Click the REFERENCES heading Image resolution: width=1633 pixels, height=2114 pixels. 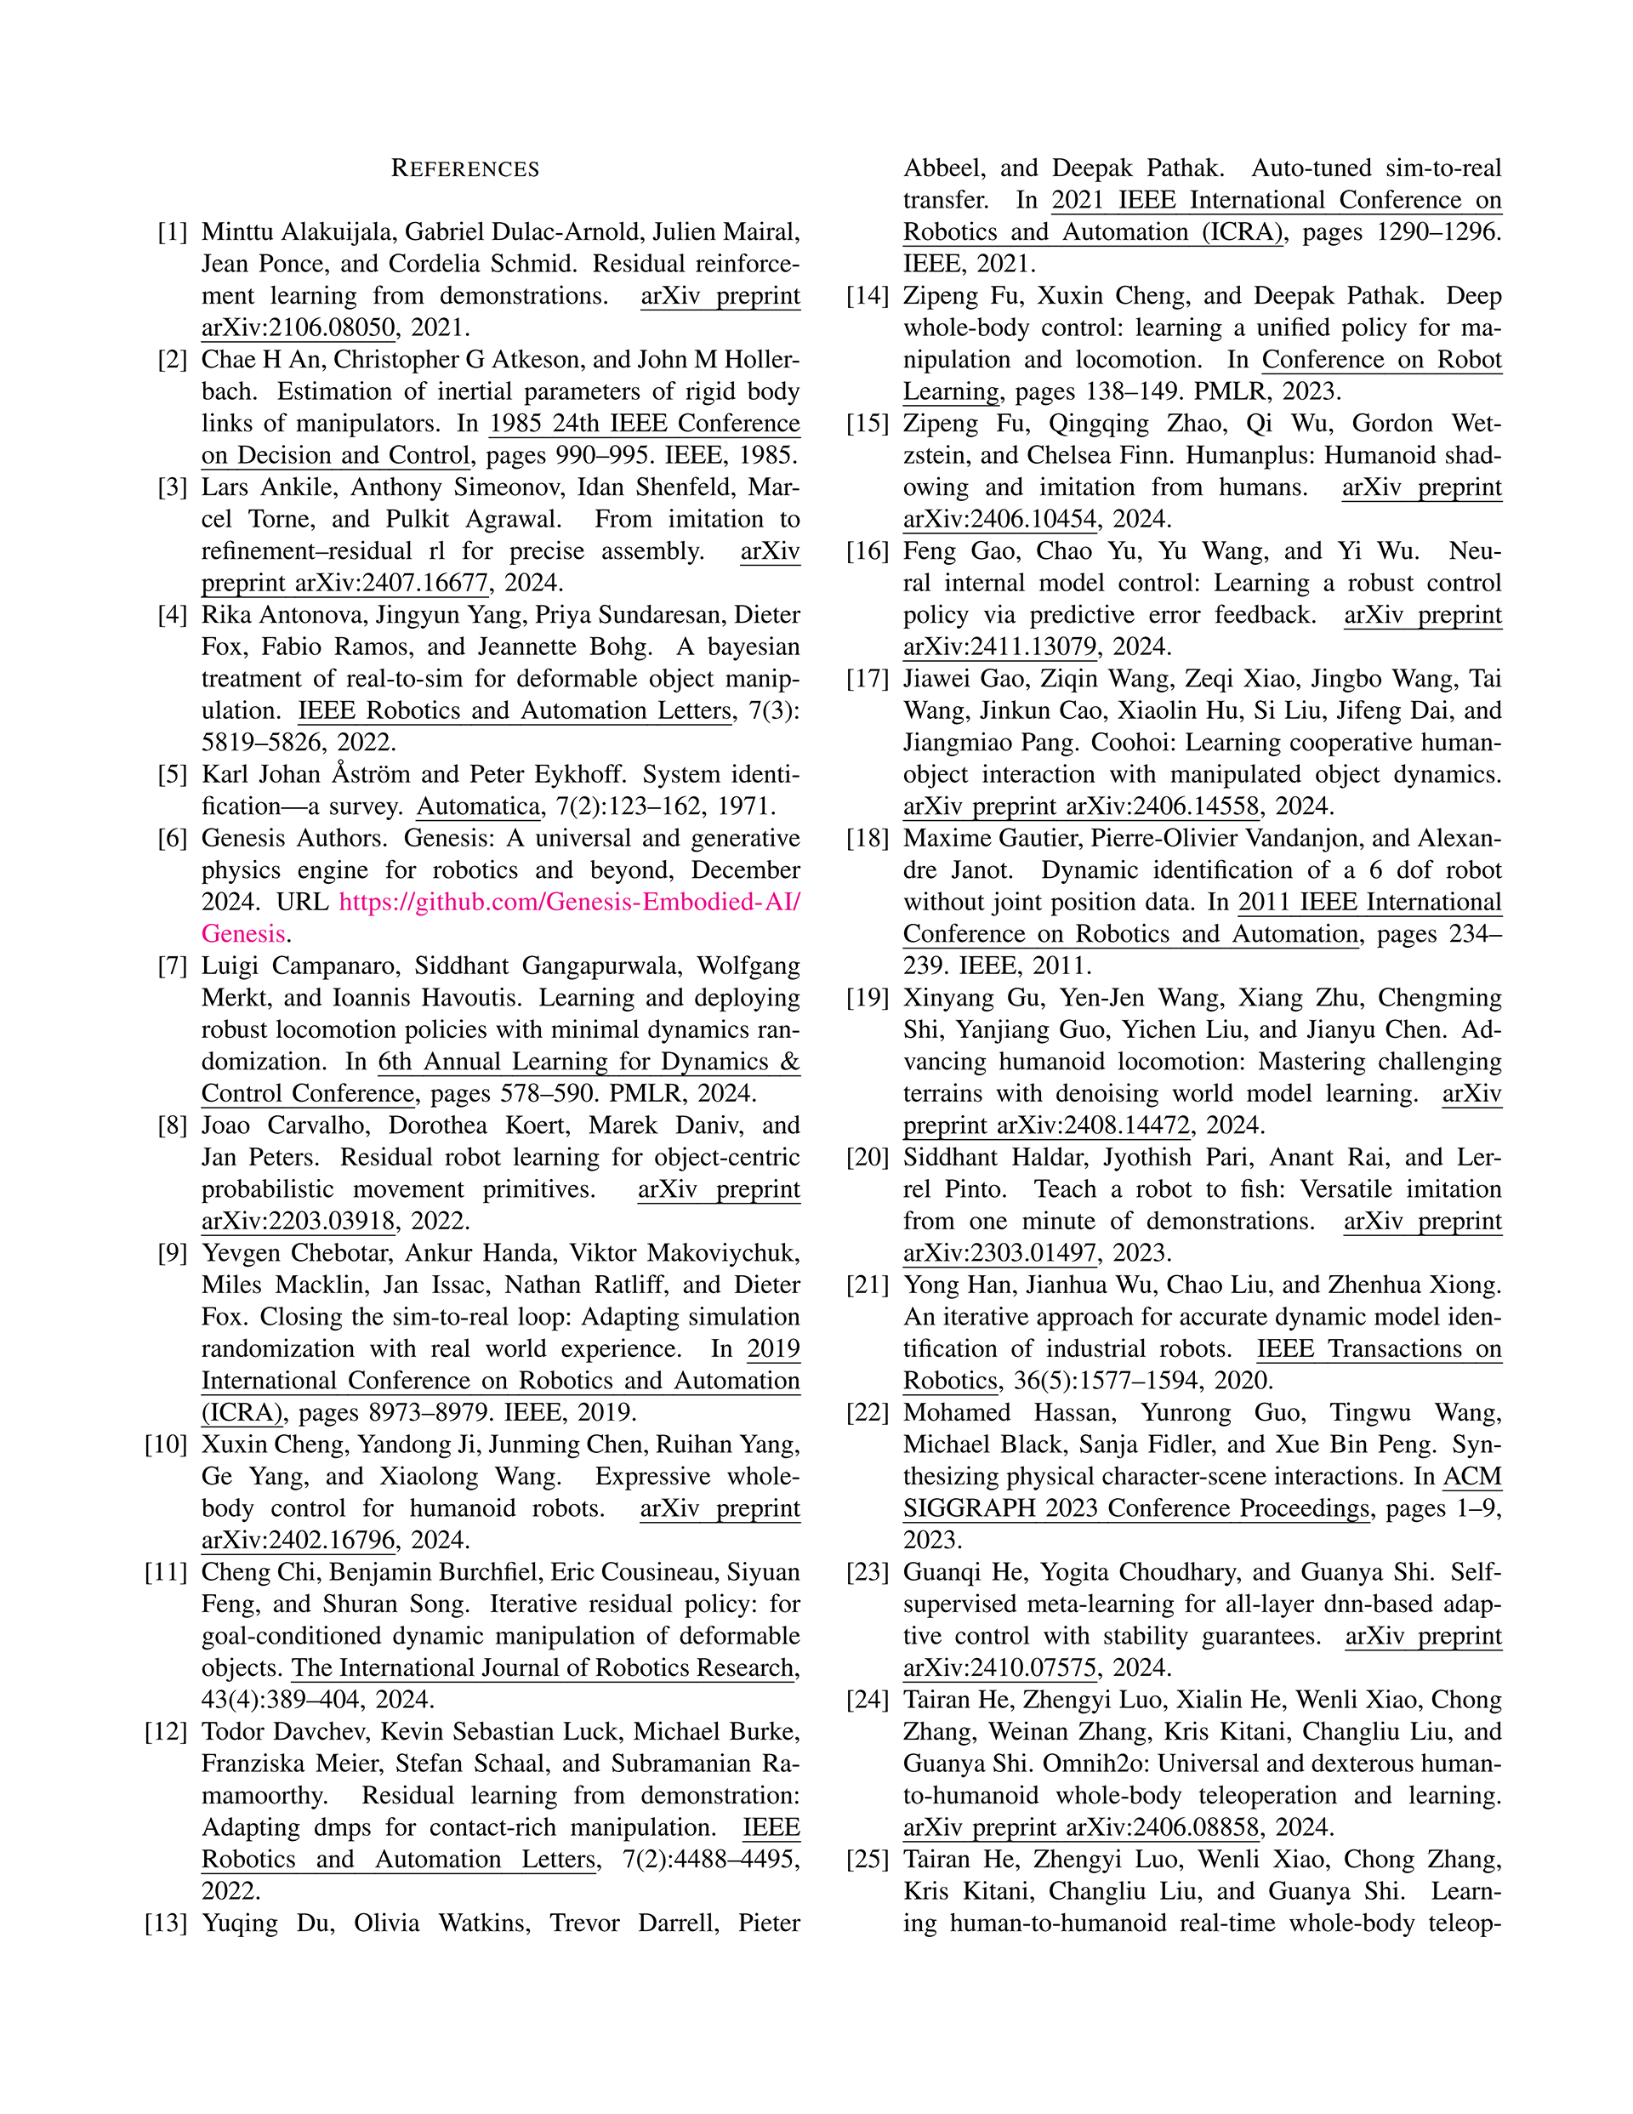pyautogui.click(x=464, y=169)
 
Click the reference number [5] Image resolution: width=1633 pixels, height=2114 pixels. pyautogui.click(x=173, y=774)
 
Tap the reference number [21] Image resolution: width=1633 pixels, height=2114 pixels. pyautogui.click(x=868, y=1285)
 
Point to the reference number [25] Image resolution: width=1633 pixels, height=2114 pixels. pyautogui.click(x=868, y=1860)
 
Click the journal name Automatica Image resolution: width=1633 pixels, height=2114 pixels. pyautogui.click(x=477, y=806)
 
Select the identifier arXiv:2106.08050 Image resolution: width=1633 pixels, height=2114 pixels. pyautogui.click(x=299, y=328)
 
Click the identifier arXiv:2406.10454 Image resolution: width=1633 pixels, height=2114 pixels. pyautogui.click(x=1000, y=519)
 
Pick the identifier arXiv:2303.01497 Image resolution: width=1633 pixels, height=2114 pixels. pyautogui.click(x=1000, y=1252)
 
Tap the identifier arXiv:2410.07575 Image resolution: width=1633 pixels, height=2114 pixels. pyautogui.click(x=1000, y=1667)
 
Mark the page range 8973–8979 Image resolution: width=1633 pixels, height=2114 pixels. pyautogui.click(x=360, y=1412)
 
